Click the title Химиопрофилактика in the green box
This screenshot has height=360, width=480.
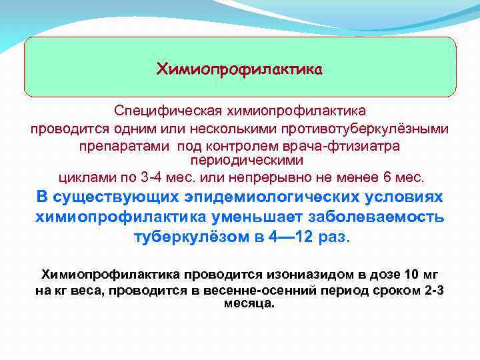(239, 69)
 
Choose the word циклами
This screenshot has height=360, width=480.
(83, 178)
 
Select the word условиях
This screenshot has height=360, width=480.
(401, 198)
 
